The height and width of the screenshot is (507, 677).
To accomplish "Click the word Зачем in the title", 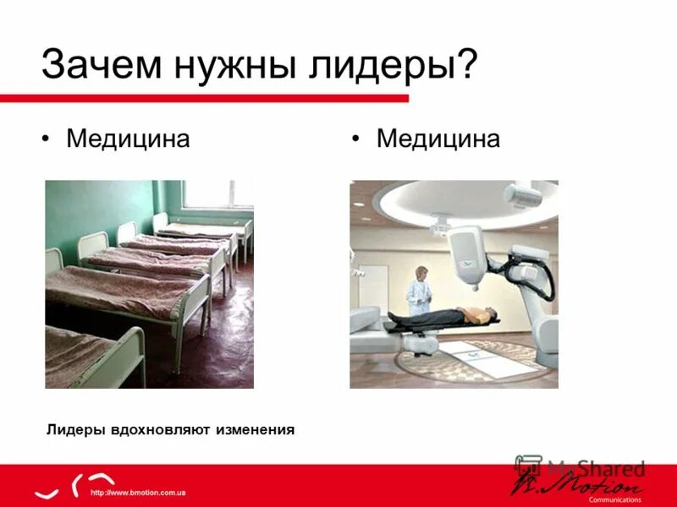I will pyautogui.click(x=104, y=66).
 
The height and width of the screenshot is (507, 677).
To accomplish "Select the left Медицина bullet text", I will pyautogui.click(x=128, y=139).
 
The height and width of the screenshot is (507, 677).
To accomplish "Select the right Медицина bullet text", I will pyautogui.click(x=438, y=139).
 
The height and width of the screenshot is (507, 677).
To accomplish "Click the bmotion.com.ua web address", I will pyautogui.click(x=137, y=492).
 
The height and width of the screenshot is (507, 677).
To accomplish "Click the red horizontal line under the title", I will pyautogui.click(x=203, y=99).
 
